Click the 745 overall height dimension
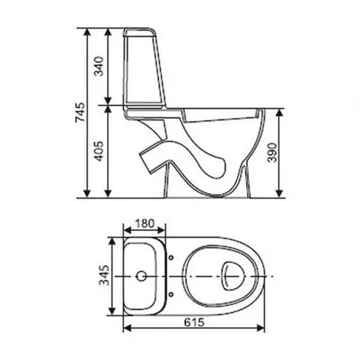pyautogui.click(x=80, y=113)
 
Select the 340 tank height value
pyautogui.click(x=100, y=67)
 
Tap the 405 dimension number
pyautogui.click(x=100, y=151)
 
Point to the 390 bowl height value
pyautogui.click(x=272, y=152)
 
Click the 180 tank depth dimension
pyautogui.click(x=145, y=223)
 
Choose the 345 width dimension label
pyautogui.click(x=104, y=275)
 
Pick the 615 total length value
pyautogui.click(x=194, y=322)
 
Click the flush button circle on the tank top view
pyautogui.click(x=142, y=276)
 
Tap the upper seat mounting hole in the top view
pyautogui.click(x=171, y=258)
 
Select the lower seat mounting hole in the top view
pyautogui.click(x=171, y=294)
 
